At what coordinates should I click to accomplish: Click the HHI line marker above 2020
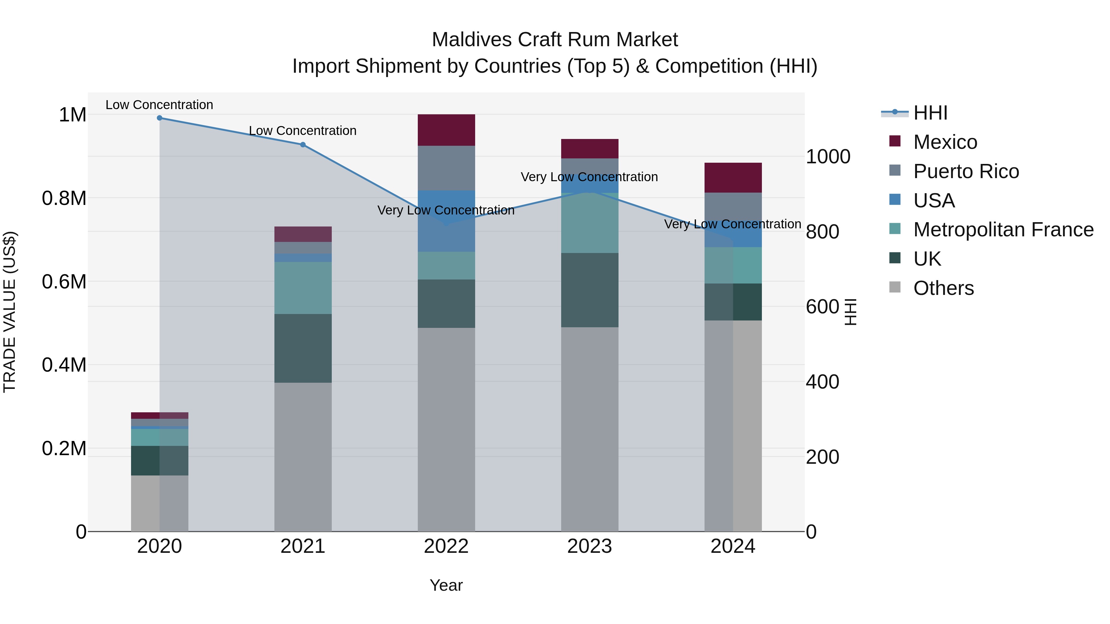point(159,118)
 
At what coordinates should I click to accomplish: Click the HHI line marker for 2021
point(303,145)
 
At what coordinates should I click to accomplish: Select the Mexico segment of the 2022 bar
point(446,130)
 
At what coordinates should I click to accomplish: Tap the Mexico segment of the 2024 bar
point(733,177)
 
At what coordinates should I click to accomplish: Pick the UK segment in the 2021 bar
point(303,348)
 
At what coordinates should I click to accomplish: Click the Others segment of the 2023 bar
point(590,429)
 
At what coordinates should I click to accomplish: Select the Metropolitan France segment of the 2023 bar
point(590,223)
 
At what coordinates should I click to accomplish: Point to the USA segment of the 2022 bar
point(446,221)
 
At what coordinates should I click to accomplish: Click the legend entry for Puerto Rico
point(966,171)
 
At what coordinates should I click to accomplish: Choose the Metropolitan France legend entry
point(1003,230)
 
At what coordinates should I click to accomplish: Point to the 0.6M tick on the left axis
point(64,282)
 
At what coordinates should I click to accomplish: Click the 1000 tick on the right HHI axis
point(828,157)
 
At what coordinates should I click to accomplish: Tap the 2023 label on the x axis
point(590,546)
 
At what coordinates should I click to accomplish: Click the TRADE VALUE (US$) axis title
point(10,312)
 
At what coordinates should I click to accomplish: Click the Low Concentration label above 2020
point(159,105)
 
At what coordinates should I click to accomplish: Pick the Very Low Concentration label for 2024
point(733,224)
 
